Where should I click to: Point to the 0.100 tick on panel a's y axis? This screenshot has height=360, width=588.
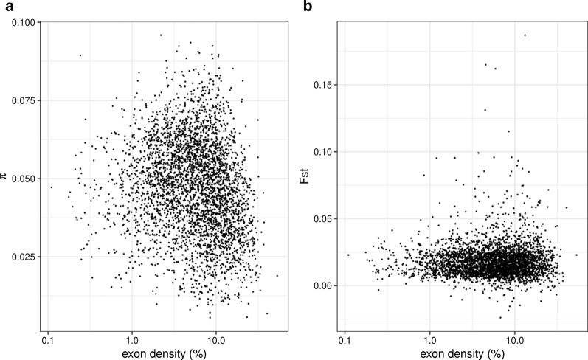coord(25,23)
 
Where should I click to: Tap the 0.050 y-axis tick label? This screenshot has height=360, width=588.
coord(25,179)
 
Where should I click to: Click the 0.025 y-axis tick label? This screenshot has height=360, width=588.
coord(25,257)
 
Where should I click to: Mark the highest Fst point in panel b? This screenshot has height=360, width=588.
coord(525,35)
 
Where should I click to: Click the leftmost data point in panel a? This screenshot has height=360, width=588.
coord(51,187)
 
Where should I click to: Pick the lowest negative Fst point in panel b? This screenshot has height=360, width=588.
coord(499,317)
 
